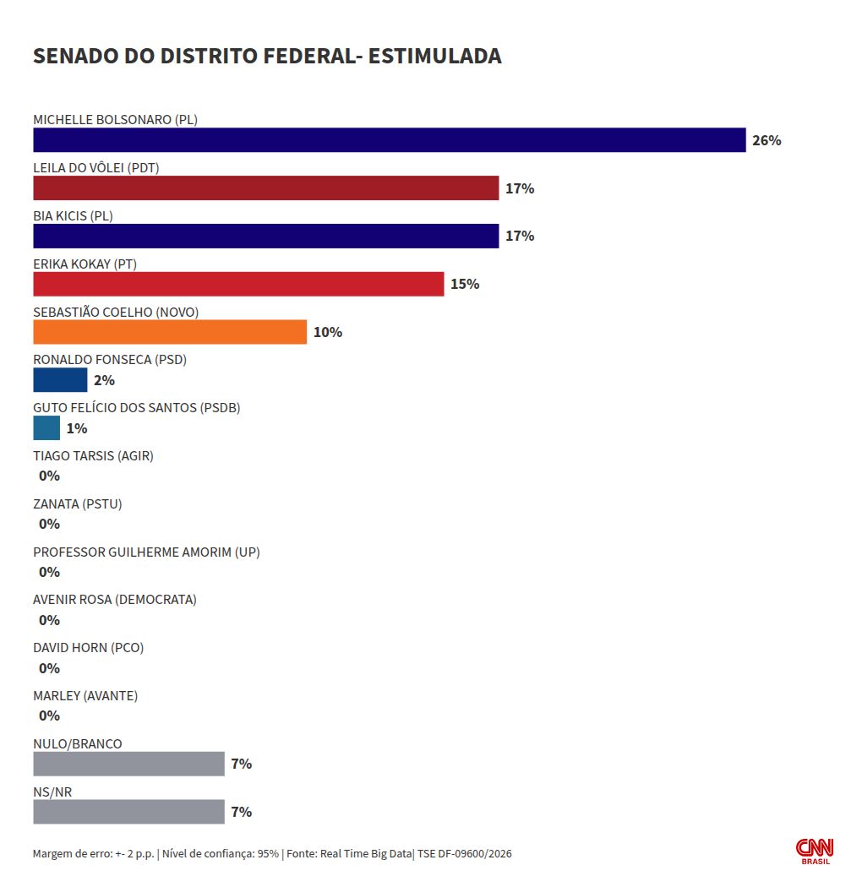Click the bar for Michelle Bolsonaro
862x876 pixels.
pos(389,139)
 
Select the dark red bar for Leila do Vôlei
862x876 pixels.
pos(265,188)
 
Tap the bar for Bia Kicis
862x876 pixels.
pos(265,236)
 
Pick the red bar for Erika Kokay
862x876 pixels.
pos(238,284)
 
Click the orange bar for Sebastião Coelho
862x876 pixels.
pos(170,332)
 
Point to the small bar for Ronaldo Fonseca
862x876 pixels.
pos(60,380)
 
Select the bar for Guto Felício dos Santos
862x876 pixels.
pos(46,428)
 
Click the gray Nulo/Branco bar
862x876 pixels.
pos(128,764)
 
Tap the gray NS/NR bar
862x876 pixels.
pos(128,812)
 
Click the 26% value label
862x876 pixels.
pos(767,140)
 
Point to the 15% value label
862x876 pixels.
pos(465,284)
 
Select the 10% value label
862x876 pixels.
pos(328,332)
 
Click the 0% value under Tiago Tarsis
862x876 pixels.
pos(49,476)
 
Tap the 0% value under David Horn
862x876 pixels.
pos(49,668)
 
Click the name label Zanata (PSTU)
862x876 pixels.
pos(77,504)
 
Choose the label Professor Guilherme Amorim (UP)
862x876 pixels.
pos(146,552)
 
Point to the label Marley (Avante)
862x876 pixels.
pos(85,695)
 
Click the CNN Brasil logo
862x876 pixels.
pos(815,852)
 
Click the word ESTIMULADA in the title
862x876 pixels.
pos(435,56)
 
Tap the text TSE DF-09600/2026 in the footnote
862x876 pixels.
pos(465,854)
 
